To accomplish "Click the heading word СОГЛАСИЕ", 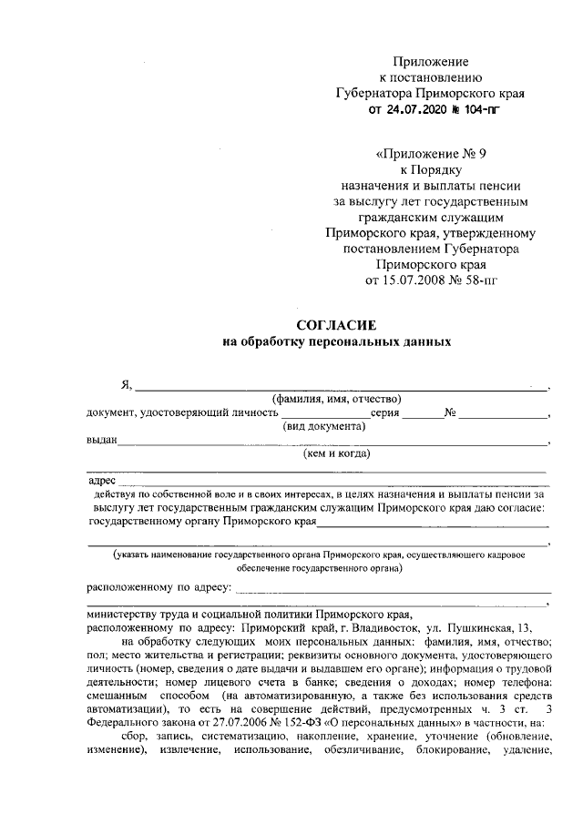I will [x=337, y=325].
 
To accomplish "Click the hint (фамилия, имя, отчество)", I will [x=338, y=399].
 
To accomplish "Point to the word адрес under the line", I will [x=100, y=480].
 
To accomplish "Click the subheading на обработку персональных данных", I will [x=337, y=342].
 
